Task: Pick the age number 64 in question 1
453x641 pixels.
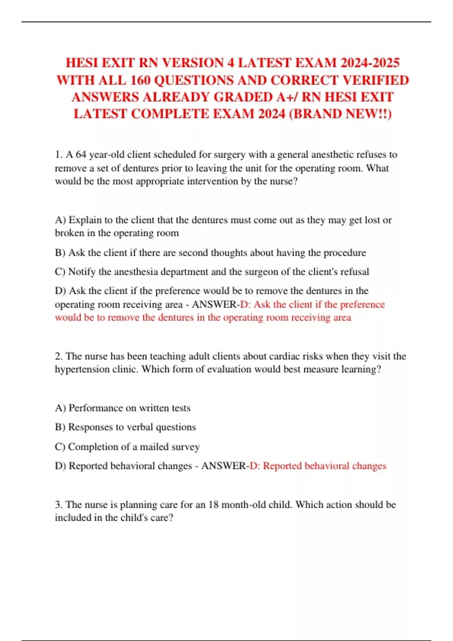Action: pos(81,155)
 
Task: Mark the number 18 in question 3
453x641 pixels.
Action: pos(213,505)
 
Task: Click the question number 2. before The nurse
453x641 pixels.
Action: pos(59,356)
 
